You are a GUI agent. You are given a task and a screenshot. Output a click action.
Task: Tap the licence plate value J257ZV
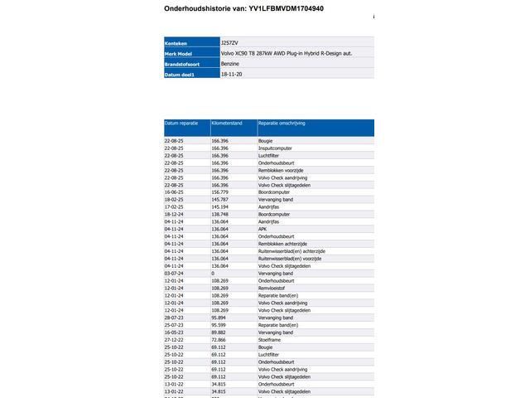pyautogui.click(x=229, y=41)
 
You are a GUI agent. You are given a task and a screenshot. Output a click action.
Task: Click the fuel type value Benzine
pyautogui.click(x=231, y=63)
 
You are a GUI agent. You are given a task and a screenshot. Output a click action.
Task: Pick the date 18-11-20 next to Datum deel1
pyautogui.click(x=231, y=74)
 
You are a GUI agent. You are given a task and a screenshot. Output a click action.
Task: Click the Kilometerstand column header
pyautogui.click(x=227, y=123)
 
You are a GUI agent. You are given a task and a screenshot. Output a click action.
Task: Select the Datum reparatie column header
pyautogui.click(x=181, y=123)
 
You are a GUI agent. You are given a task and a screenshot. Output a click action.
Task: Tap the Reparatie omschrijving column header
pyautogui.click(x=282, y=123)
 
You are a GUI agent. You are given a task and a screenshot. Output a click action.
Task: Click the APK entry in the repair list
pyautogui.click(x=263, y=229)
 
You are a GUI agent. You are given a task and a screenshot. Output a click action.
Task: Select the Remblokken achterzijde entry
pyautogui.click(x=287, y=244)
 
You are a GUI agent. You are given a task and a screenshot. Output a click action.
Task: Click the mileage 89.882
pyautogui.click(x=219, y=332)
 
